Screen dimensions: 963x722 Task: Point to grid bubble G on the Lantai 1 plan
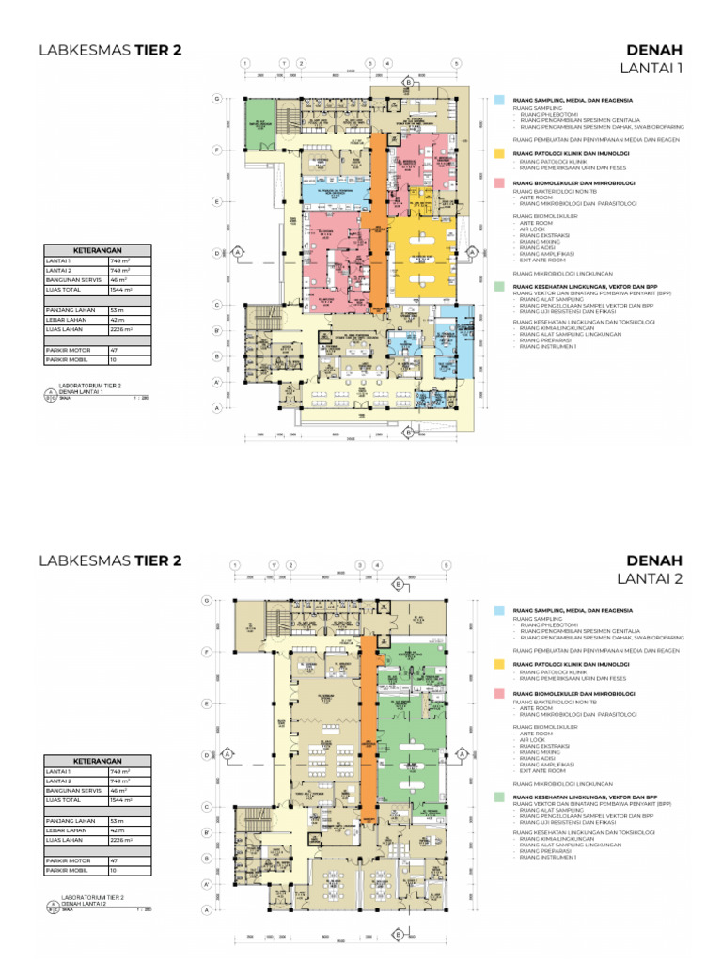[x=217, y=99]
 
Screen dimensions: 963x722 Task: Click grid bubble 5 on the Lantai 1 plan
[x=456, y=63]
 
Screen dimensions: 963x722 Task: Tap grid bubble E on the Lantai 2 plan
[x=206, y=703]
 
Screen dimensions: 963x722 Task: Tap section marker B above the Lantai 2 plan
[x=399, y=585]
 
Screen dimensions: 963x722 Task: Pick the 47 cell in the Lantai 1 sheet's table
[x=114, y=349]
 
